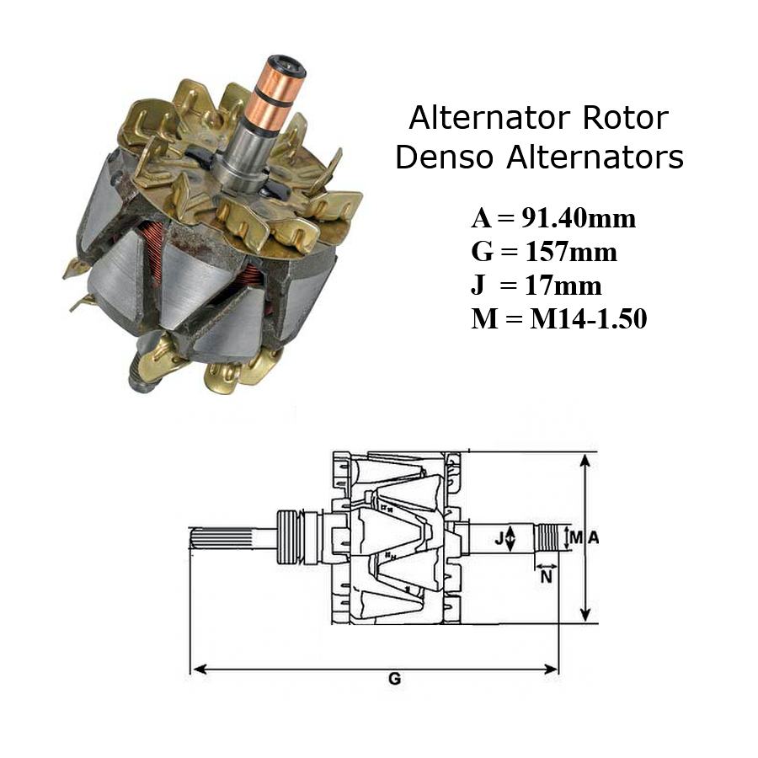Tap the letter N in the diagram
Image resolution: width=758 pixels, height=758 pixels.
546,578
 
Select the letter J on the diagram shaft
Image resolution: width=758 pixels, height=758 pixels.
499,538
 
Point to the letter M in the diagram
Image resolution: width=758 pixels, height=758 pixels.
576,538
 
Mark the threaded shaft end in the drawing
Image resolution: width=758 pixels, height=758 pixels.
548,538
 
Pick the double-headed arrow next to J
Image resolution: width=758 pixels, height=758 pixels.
512,538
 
